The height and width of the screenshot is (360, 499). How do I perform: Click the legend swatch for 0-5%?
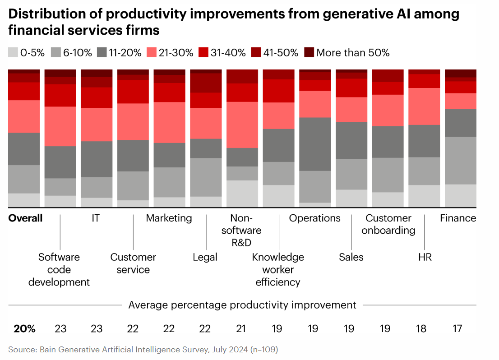click(13, 53)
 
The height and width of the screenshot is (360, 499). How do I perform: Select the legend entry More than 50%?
click(352, 53)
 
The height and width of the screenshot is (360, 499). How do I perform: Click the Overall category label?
click(26, 218)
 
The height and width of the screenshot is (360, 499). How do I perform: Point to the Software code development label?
click(59, 270)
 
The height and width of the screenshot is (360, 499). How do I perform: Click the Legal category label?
click(205, 257)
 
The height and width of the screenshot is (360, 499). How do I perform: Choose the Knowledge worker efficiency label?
click(278, 270)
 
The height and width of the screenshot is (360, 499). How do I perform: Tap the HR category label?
click(425, 257)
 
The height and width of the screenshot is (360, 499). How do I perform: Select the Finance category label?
click(458, 218)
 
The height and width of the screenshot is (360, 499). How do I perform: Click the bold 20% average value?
click(25, 328)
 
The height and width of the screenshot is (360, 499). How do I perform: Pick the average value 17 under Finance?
click(457, 328)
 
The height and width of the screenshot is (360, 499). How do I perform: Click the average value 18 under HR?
click(421, 328)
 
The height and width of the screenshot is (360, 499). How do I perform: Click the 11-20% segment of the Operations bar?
click(315, 144)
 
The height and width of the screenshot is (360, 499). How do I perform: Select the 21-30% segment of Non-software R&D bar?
click(242, 125)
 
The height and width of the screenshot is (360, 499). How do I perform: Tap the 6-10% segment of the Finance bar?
click(461, 160)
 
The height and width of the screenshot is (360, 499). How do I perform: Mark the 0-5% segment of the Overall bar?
click(24, 200)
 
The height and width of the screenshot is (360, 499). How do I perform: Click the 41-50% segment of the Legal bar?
click(206, 83)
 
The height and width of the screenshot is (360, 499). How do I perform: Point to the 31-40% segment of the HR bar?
click(425, 81)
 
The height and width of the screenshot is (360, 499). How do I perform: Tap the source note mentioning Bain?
click(143, 350)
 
